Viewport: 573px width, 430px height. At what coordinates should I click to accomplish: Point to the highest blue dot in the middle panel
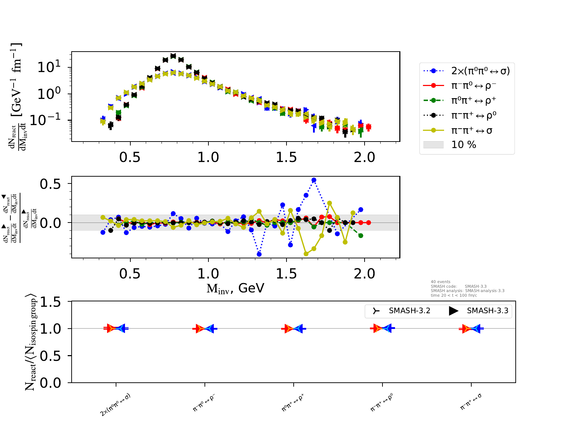tap(314, 180)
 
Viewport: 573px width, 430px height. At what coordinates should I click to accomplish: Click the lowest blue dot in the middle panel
tap(259, 254)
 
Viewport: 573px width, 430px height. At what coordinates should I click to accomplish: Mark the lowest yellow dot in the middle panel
tap(306, 254)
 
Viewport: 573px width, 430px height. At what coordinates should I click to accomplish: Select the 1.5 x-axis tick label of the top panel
tap(286, 157)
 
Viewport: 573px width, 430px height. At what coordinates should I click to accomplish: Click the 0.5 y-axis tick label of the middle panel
tap(50, 184)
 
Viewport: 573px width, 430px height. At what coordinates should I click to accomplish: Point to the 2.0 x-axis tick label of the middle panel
tap(364, 274)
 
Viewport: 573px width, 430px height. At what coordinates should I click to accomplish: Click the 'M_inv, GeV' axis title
tap(235, 288)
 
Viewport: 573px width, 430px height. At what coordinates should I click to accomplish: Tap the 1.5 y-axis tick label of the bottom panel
tap(50, 302)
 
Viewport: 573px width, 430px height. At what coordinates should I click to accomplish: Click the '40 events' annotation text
tap(440, 282)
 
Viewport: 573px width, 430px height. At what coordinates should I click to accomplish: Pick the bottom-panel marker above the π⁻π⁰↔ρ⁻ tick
tap(205, 328)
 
